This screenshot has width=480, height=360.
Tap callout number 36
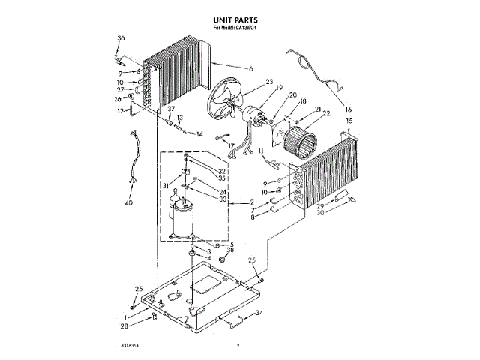[x=121, y=38]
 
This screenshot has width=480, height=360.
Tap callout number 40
[x=128, y=202]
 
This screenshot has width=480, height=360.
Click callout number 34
[x=259, y=313]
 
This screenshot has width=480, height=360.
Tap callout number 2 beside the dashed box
[x=253, y=203]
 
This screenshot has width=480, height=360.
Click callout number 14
[x=199, y=134]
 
